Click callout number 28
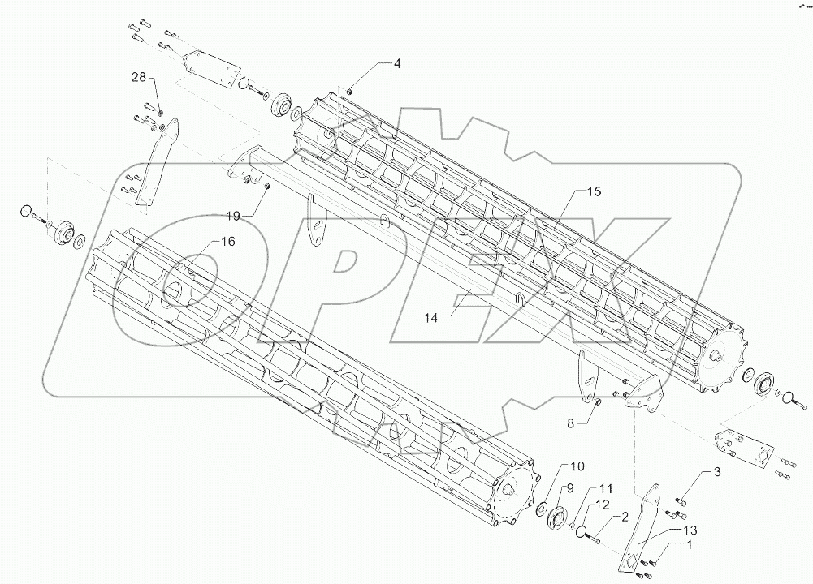(139, 77)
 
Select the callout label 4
(397, 63)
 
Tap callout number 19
(234, 217)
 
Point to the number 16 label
(227, 242)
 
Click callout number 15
(595, 192)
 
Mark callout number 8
(570, 422)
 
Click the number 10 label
(577, 466)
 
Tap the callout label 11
(606, 489)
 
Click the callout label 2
(625, 516)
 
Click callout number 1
(690, 545)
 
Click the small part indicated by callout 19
(267, 187)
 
